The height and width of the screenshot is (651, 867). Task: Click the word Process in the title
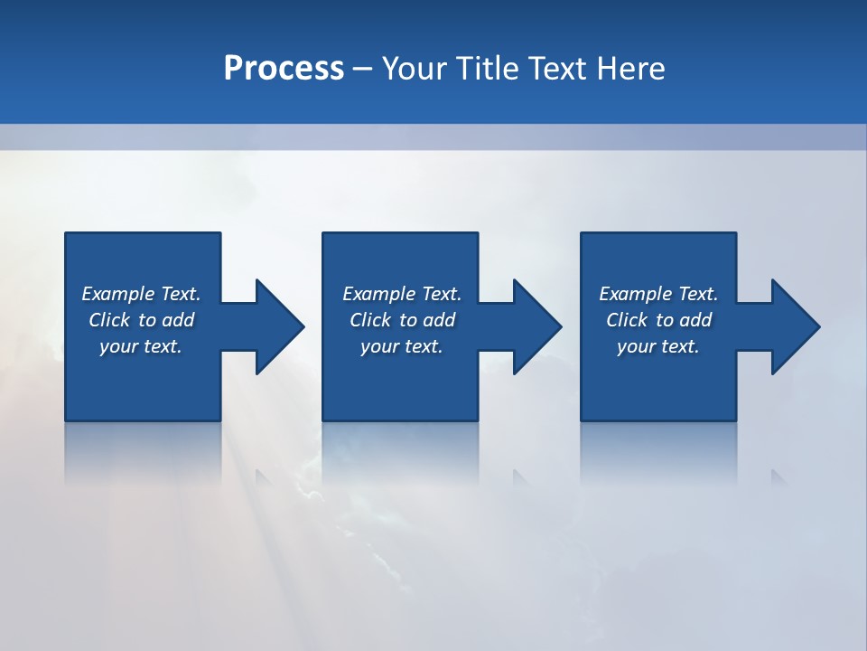click(x=284, y=69)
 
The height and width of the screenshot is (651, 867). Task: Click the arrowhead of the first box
click(x=279, y=326)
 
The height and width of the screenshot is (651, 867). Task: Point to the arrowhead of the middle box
click(x=536, y=326)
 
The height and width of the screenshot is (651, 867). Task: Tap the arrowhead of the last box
click(x=795, y=326)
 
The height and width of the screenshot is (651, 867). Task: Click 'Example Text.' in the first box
click(x=141, y=294)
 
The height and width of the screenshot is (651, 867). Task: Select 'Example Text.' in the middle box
click(x=401, y=294)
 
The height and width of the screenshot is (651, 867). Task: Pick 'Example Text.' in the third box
click(x=658, y=294)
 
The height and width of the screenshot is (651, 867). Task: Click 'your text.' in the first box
click(x=141, y=346)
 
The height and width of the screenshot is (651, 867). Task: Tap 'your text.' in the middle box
click(x=401, y=346)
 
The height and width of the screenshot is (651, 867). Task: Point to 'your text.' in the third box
click(x=658, y=346)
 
